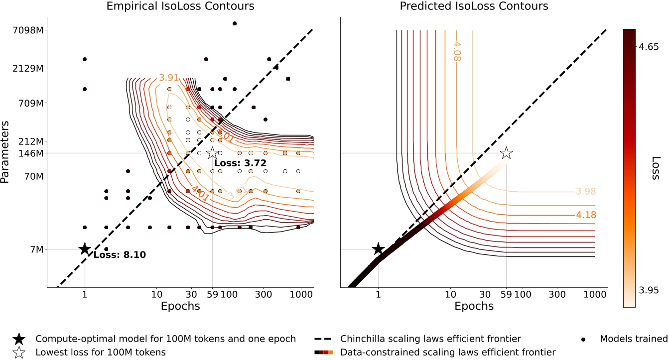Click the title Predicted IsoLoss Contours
[x=474, y=6]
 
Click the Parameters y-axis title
[x=6, y=155]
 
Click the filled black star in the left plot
[x=84, y=249]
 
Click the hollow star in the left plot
[x=212, y=153]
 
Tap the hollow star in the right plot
[x=506, y=153]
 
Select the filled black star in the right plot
[x=378, y=249]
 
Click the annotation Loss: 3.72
[x=240, y=163]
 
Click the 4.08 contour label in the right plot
[x=456, y=51]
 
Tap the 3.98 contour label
[x=585, y=192]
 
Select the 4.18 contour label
[x=585, y=216]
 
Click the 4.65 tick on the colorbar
[x=649, y=44]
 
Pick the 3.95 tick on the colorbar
[x=649, y=290]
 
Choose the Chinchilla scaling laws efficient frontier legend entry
[x=430, y=339]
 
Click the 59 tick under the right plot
[x=506, y=294]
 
